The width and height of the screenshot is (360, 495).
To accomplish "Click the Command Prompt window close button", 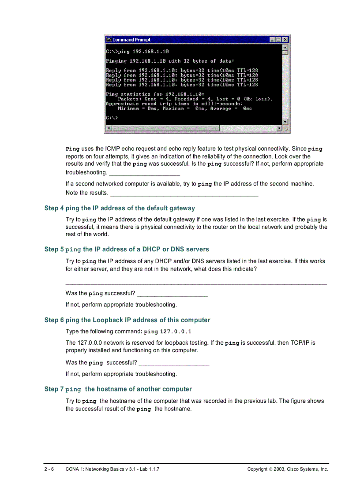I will [x=285, y=40].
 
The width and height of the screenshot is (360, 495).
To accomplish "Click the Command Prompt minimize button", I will [x=273, y=40].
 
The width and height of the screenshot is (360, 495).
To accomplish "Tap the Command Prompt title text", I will [x=131, y=40].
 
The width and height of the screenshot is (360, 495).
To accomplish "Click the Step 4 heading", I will [x=120, y=208].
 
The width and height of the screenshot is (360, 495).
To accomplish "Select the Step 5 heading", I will [x=127, y=249].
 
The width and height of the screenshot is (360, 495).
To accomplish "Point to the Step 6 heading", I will [x=127, y=320].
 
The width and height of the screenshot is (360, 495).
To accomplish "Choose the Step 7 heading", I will [x=118, y=389].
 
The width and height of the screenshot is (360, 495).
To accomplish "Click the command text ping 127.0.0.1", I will [x=168, y=331].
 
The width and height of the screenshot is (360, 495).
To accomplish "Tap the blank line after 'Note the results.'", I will [x=184, y=193].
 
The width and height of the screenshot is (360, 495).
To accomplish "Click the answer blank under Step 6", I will [x=174, y=363].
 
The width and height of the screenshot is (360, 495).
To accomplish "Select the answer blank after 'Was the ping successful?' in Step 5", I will [x=172, y=294].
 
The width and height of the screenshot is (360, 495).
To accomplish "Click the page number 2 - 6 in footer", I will [x=49, y=469].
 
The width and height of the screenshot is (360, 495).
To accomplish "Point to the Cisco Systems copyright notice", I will [x=288, y=469].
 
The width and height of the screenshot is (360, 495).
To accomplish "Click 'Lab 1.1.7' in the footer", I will [x=148, y=469].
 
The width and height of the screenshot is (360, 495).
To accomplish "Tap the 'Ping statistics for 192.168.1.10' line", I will [x=155, y=94].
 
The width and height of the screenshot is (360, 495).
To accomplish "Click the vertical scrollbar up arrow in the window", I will [x=285, y=47].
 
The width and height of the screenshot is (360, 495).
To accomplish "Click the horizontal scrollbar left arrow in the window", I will [x=108, y=128].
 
